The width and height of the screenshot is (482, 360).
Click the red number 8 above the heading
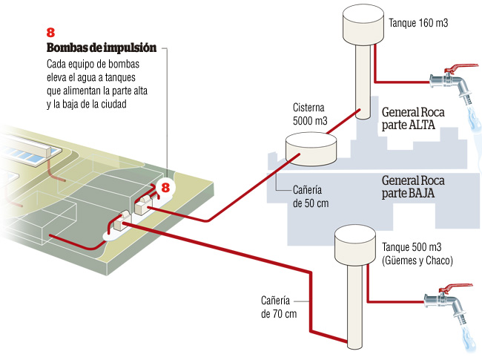50,33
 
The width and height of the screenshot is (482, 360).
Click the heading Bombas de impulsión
101,48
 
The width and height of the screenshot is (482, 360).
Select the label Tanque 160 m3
418,24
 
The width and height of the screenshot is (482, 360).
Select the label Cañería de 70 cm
279,307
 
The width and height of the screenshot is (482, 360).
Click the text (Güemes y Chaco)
417,261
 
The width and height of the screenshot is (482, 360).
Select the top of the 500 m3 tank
354,230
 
